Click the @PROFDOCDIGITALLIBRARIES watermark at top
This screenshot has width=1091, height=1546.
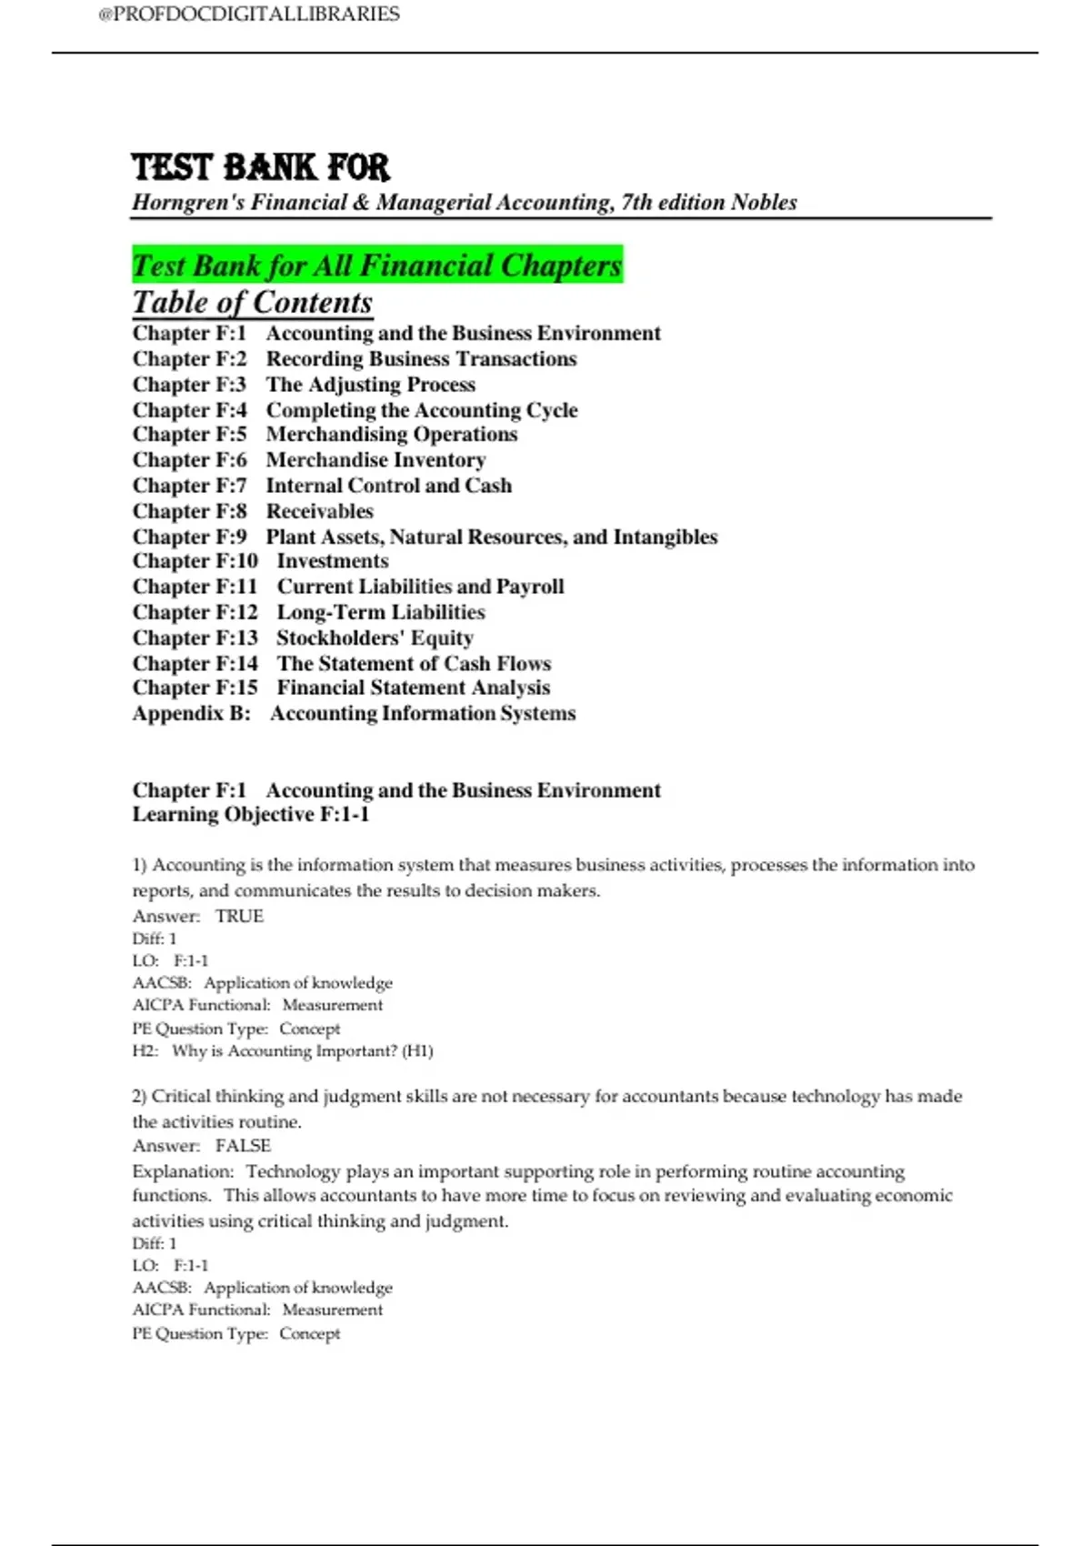point(248,15)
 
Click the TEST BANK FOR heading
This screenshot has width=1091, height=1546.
point(260,167)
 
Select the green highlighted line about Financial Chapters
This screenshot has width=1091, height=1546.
point(376,266)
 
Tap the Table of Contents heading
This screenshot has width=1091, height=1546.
point(252,303)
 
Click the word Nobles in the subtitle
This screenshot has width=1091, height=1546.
point(764,202)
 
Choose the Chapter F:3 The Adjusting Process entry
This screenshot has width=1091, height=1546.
point(304,385)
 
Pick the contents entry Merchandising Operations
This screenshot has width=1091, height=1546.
point(391,435)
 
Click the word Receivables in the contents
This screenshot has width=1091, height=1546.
point(319,511)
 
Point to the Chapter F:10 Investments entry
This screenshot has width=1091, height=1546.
point(260,561)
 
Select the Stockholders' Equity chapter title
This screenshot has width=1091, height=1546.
point(375,637)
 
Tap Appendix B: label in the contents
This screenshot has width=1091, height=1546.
point(191,714)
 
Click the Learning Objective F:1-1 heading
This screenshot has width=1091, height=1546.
point(251,814)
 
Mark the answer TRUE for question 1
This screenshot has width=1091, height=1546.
point(239,916)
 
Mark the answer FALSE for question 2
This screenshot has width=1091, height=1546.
point(243,1146)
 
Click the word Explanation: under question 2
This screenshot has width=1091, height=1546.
point(183,1171)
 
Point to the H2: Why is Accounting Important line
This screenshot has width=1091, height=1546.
point(283,1051)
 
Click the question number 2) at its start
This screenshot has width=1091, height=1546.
point(139,1097)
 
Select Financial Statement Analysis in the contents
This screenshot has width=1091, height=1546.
point(413,688)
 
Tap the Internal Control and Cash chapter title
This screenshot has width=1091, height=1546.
point(388,486)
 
